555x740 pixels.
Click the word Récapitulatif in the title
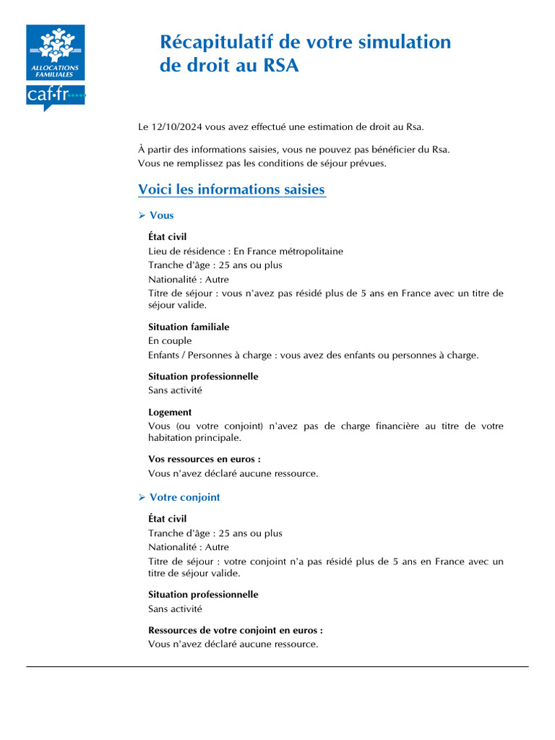[x=218, y=42]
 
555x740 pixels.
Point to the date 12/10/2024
[x=177, y=127]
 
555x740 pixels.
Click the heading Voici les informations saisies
[x=231, y=189]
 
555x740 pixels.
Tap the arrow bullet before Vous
[x=142, y=215]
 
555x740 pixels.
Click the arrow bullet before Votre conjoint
[x=142, y=497]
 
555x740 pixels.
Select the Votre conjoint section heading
[x=184, y=497]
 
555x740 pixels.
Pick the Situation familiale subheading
[x=189, y=327]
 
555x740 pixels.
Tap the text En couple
[x=170, y=340]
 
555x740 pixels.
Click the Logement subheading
[x=170, y=412]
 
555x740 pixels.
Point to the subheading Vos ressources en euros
[x=204, y=459]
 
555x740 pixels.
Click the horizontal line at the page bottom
[x=277, y=666]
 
